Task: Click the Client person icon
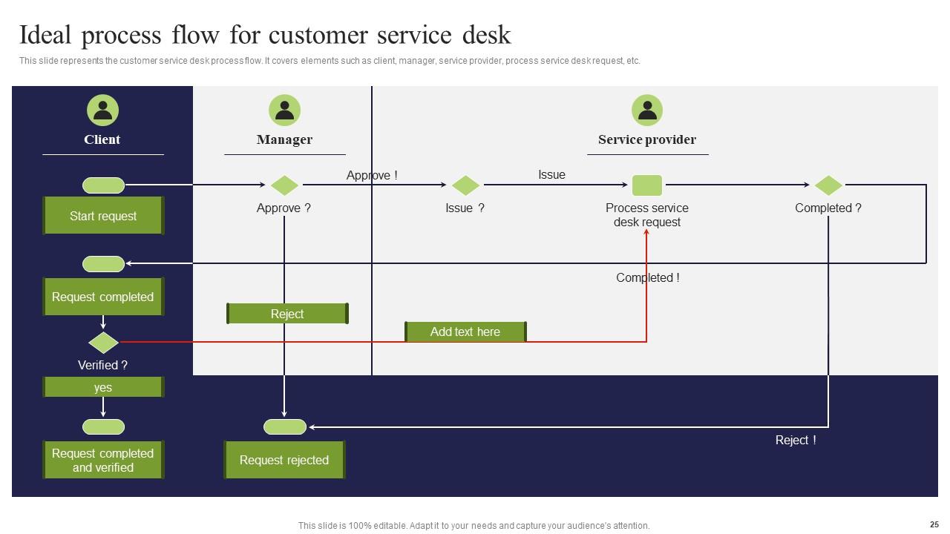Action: point(102,111)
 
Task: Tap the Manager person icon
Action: point(284,111)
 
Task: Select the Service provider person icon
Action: point(647,111)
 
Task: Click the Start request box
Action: point(103,216)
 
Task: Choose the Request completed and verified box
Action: point(103,460)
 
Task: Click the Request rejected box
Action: point(284,460)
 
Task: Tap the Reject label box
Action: point(287,314)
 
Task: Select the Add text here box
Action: point(465,332)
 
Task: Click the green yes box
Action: point(103,387)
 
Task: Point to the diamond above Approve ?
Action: point(284,185)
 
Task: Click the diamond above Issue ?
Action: point(465,185)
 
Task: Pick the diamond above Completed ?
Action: point(828,185)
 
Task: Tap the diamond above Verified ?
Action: point(103,342)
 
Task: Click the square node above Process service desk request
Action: point(647,185)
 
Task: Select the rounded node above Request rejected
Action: point(285,426)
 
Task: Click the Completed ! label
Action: point(647,277)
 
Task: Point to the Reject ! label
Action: point(796,440)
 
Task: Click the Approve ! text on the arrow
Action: point(372,175)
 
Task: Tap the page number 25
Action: point(934,524)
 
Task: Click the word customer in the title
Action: point(318,35)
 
